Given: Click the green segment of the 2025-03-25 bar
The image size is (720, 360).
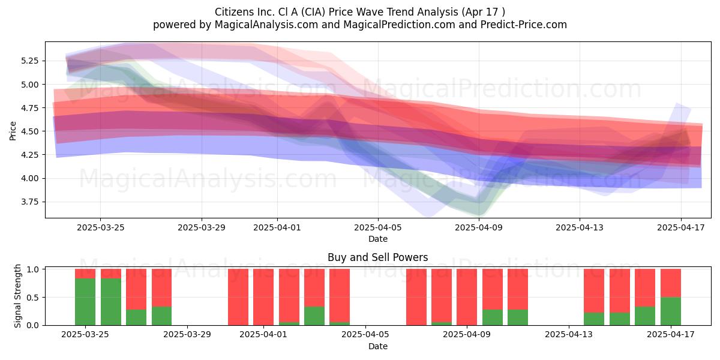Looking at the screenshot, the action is point(85,302).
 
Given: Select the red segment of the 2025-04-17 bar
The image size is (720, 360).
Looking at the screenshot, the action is point(671,283).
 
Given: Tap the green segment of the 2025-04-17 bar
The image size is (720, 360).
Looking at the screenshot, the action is point(671,311).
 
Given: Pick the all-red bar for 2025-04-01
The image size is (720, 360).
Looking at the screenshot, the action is point(263,297).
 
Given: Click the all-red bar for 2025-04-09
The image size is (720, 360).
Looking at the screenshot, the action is point(467,297).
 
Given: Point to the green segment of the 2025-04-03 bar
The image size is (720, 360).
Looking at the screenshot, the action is point(314,316).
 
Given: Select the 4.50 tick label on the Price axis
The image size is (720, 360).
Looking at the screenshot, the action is point(29,131).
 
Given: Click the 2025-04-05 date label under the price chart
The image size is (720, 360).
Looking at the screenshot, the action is point(378,227).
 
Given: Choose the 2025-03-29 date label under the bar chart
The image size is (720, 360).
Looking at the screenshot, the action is point(187,335).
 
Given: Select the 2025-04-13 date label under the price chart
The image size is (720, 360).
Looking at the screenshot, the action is point(580,227).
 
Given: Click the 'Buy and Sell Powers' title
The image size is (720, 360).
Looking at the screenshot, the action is point(377,257).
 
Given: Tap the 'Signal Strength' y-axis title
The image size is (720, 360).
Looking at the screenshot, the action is point(17,296).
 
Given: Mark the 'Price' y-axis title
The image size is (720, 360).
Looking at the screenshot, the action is point(13,131).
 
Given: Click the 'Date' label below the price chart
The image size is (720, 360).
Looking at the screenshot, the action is point(378,239).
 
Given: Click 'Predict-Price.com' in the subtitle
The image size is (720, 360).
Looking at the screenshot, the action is point(524,25).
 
